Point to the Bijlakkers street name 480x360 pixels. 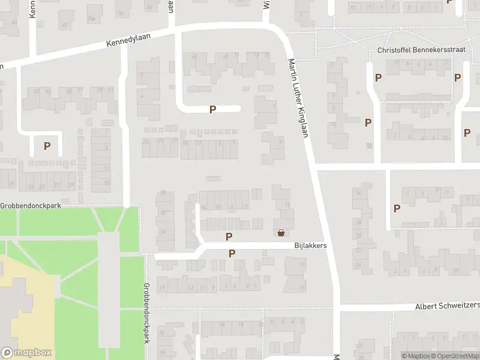310,245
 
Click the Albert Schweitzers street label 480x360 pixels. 448,306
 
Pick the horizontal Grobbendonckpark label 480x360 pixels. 31,205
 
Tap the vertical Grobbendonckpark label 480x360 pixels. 146,313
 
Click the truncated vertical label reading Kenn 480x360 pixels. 33,8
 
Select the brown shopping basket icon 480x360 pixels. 280,233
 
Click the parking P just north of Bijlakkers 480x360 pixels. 228,236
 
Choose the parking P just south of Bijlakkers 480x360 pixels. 232,254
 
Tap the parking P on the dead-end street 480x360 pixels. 212,109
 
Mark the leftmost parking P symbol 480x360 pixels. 47,145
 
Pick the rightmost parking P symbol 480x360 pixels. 467,133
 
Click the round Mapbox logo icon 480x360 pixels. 8,353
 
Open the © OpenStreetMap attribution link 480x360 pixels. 455,356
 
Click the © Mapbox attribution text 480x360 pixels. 415,356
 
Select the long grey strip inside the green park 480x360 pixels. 109,288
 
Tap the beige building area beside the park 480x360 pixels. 24,294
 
